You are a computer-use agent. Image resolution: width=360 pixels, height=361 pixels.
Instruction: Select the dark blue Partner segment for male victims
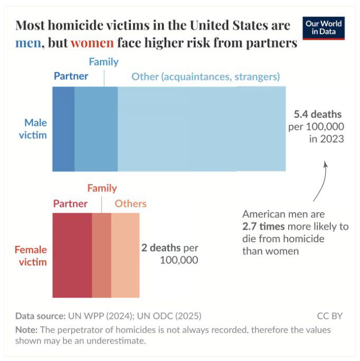pyautogui.click(x=63, y=129)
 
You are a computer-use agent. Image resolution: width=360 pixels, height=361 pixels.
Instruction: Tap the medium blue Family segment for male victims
pyautogui.click(x=96, y=129)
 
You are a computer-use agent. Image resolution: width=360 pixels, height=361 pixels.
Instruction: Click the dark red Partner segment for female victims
pyautogui.click(x=72, y=255)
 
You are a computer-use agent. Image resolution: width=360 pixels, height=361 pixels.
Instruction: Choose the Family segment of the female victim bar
pyautogui.click(x=102, y=255)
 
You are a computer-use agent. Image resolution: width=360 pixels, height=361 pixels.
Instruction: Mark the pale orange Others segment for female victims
pyautogui.click(x=126, y=255)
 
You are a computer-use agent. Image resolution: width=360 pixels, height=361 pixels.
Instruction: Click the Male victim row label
pyautogui.click(x=35, y=129)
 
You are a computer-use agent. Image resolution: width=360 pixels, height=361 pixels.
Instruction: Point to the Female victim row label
pyautogui.click(x=31, y=255)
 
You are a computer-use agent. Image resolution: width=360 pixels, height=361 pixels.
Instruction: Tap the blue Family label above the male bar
pyautogui.click(x=103, y=62)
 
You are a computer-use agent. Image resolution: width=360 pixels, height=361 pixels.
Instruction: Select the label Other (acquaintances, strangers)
pyautogui.click(x=205, y=77)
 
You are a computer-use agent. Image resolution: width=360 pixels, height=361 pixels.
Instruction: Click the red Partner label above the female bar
pyautogui.click(x=70, y=204)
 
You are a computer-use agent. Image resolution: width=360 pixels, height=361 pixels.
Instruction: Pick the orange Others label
pyautogui.click(x=130, y=204)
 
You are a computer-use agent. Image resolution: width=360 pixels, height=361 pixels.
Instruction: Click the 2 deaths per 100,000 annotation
pyautogui.click(x=169, y=253)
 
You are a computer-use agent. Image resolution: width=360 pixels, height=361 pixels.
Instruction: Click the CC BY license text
pyautogui.click(x=330, y=316)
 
